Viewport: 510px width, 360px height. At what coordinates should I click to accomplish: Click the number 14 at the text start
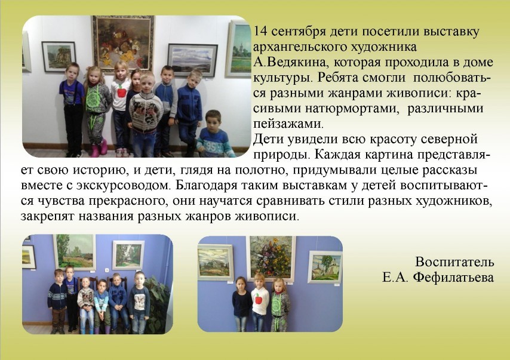260,32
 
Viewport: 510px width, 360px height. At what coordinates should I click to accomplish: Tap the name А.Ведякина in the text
294,63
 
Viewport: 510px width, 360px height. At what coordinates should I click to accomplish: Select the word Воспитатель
454,261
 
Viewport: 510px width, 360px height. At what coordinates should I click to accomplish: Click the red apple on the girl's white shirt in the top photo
122,92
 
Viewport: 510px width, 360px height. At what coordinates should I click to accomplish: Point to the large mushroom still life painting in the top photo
123,43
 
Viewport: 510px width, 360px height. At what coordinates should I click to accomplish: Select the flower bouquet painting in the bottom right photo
271,258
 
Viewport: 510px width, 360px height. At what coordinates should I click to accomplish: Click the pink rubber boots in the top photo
99,148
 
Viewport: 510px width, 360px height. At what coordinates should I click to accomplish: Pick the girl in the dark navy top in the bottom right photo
241,304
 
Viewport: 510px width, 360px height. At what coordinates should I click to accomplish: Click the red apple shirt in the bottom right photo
260,301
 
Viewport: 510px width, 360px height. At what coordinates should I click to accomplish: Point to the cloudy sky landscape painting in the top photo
192,60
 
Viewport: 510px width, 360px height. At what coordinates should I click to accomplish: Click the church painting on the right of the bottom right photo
325,267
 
